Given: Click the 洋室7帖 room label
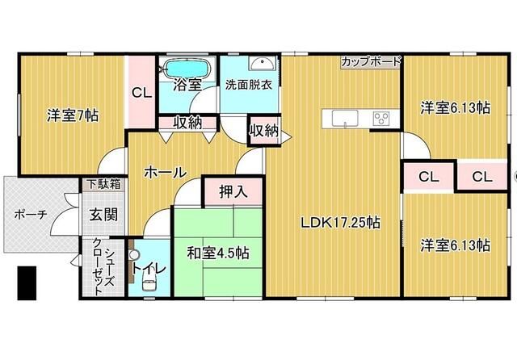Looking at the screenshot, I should [x=73, y=115].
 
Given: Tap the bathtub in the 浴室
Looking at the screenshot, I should [x=186, y=67].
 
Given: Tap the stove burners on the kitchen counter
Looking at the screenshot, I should [x=380, y=118].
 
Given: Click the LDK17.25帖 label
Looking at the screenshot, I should [x=342, y=223].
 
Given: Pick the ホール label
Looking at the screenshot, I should [x=166, y=172].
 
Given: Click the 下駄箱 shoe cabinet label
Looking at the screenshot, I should [x=104, y=185].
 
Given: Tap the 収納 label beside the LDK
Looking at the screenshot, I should [x=264, y=129].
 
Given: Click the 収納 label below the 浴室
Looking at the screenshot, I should [x=186, y=123].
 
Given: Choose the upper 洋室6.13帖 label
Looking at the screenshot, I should [x=454, y=106].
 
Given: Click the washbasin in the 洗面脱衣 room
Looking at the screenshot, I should [x=258, y=67].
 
